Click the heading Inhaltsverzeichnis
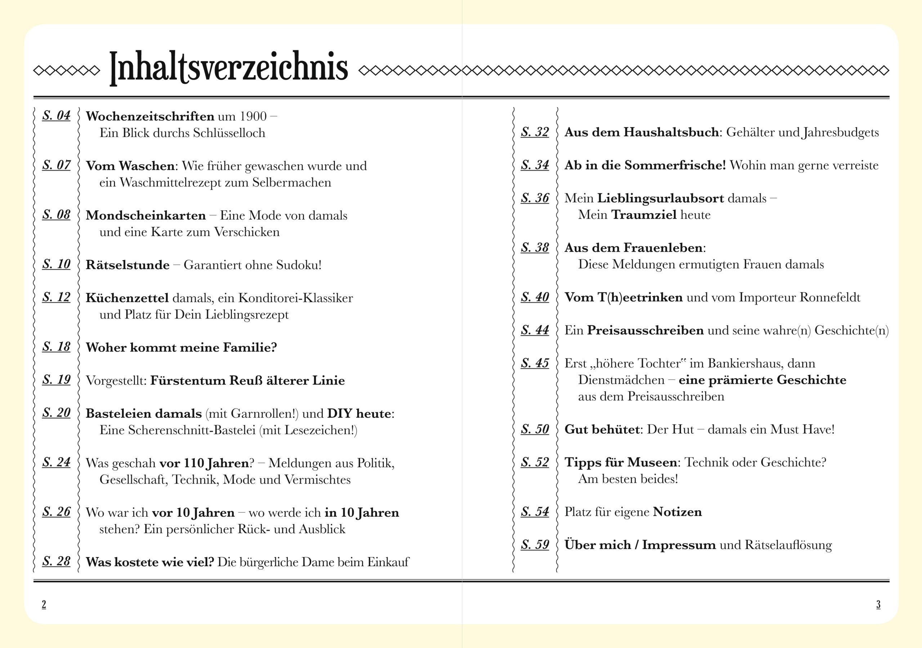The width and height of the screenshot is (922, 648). [x=228, y=67]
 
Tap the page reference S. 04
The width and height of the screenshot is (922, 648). [x=56, y=116]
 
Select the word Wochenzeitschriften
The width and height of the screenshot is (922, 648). [x=150, y=116]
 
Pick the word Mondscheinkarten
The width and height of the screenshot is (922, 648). [x=146, y=216]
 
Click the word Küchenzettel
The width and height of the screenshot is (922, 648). [x=127, y=298]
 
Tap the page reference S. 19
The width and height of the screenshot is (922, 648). [x=56, y=380]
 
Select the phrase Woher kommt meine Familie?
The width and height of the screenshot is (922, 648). [x=181, y=348]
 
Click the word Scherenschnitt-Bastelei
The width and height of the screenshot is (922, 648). [x=192, y=431]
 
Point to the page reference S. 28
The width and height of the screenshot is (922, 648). [x=56, y=561]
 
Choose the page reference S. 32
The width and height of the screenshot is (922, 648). [x=535, y=132]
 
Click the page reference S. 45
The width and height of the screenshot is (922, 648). [x=535, y=363]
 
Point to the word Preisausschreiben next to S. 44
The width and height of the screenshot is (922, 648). [x=645, y=330]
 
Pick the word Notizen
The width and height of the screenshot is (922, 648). [x=677, y=512]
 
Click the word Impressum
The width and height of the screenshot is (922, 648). [x=679, y=545]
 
